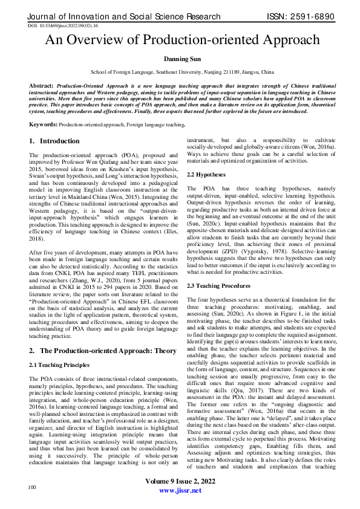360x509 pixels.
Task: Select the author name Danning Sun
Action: click(180, 59)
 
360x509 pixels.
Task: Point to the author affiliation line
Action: click(180, 71)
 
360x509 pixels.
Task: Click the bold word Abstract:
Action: click(42, 86)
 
